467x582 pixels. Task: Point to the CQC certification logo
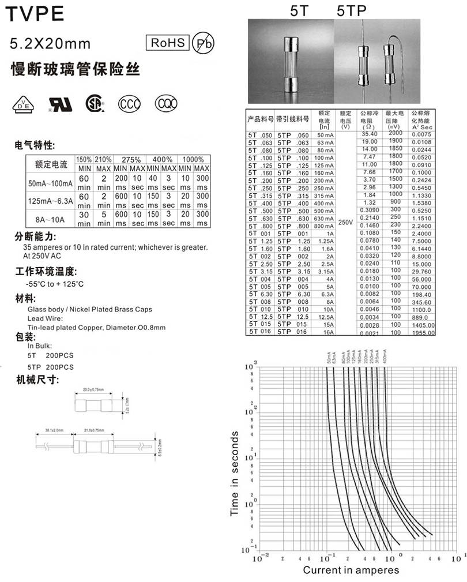[x=165, y=104]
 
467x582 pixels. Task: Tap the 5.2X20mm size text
[x=51, y=43]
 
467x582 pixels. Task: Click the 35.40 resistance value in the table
[x=369, y=134]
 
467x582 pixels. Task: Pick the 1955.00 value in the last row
[x=423, y=333]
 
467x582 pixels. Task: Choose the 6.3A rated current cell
[x=325, y=294]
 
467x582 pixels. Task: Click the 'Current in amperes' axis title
[x=351, y=570]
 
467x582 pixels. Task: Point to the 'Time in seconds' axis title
[x=235, y=473]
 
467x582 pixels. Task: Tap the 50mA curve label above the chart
[x=327, y=358]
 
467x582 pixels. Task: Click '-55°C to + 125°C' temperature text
[x=55, y=284]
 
